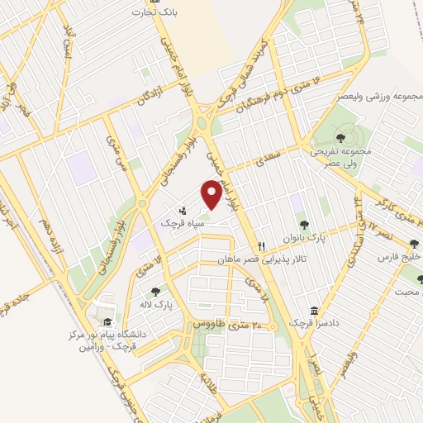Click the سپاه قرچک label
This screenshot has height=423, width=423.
click(x=181, y=224)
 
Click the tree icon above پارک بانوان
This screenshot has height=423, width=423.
click(x=304, y=223)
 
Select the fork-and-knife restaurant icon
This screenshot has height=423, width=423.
click(x=261, y=246)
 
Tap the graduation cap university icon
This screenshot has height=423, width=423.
click(x=107, y=322)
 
